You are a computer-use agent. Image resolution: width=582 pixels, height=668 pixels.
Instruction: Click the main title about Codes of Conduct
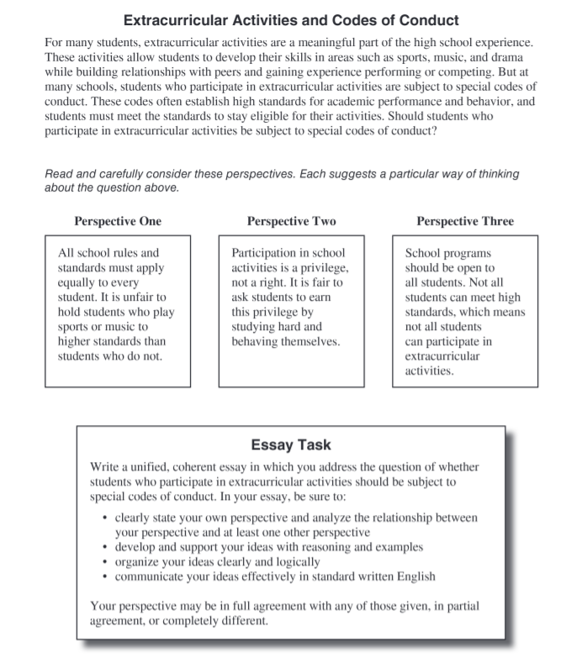pos(291,18)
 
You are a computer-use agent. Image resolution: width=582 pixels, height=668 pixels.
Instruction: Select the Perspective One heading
pos(118,222)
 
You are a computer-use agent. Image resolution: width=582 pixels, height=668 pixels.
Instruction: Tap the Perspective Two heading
pos(291,222)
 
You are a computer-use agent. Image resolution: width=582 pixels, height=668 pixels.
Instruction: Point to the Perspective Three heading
pos(465,222)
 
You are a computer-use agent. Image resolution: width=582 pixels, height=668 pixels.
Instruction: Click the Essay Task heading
pos(291,444)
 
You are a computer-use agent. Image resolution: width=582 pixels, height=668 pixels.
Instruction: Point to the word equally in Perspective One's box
pos(77,282)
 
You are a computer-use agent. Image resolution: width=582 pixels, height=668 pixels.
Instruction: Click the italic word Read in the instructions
pos(59,174)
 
